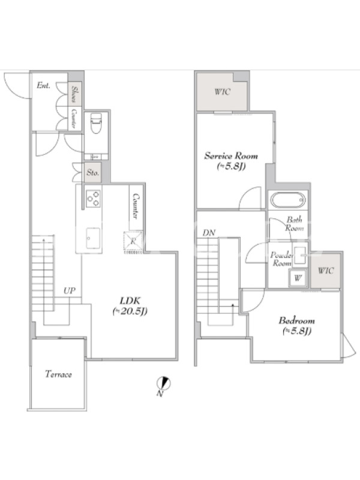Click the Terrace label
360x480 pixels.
[x=58, y=374]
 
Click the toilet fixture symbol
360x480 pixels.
[x=96, y=123]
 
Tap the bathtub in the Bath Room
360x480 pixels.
[x=288, y=200]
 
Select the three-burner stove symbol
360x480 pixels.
[x=94, y=199]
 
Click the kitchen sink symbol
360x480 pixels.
[x=93, y=238]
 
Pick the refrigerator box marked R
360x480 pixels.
[x=133, y=241]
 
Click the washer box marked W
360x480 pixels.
[x=298, y=278]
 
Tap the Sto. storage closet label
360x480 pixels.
[x=92, y=173]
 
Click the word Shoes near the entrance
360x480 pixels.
[x=74, y=94]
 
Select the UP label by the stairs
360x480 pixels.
[x=70, y=290]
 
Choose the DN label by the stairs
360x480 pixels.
[x=209, y=233]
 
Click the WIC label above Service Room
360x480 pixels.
[x=222, y=92]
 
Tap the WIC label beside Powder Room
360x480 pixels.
[x=326, y=271]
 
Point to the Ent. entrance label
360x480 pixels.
[x=43, y=85]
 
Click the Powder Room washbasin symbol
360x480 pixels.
[x=300, y=256]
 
